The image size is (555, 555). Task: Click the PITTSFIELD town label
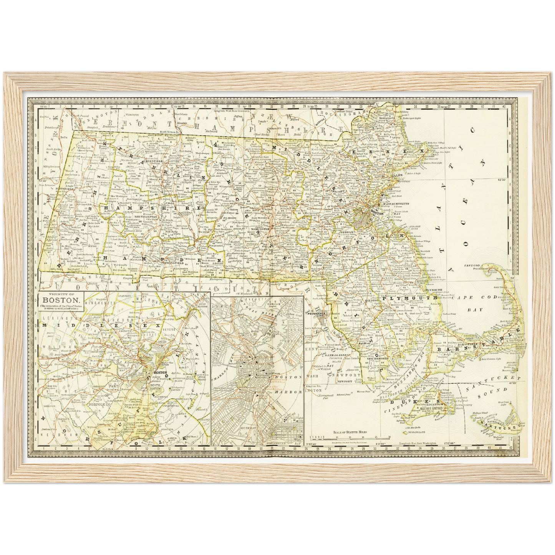coord(51,189)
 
